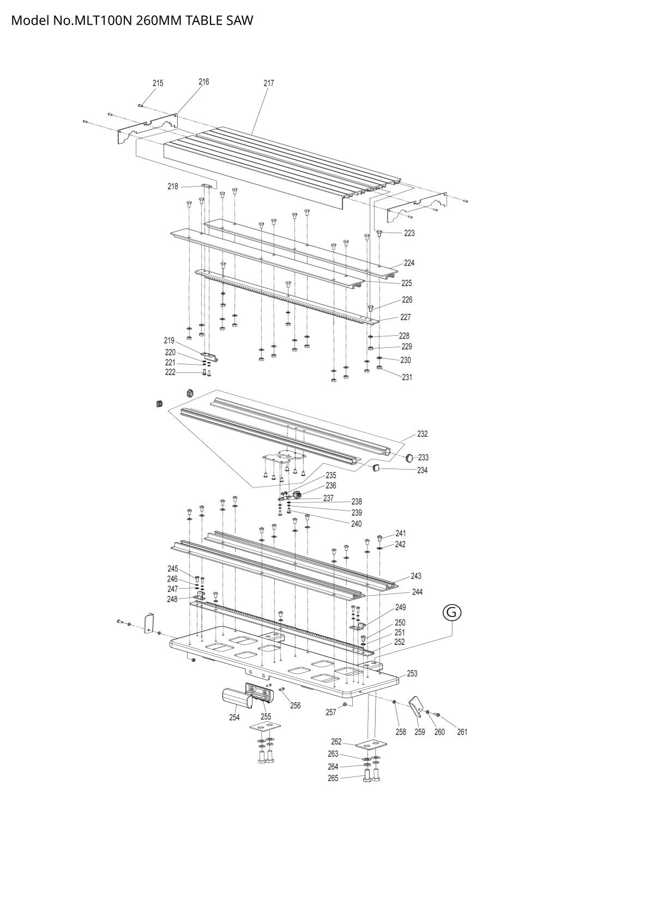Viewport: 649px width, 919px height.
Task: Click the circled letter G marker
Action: pos(452,613)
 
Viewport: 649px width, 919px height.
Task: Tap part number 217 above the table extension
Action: pos(268,84)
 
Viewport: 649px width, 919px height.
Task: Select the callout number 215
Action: pos(158,84)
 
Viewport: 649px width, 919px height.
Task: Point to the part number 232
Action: pos(423,434)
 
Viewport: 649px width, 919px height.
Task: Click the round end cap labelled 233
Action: pos(410,457)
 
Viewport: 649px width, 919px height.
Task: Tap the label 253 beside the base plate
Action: pos(412,673)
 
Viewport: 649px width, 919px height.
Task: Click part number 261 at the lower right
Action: pos(462,732)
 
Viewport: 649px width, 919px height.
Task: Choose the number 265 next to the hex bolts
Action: pos(333,778)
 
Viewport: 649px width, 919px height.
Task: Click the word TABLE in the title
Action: pos(203,21)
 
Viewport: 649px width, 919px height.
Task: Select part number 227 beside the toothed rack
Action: pos(405,317)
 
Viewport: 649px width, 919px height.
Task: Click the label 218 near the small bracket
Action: pos(173,187)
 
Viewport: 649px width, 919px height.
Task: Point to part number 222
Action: pos(170,372)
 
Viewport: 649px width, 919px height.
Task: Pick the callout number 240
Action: pos(357,524)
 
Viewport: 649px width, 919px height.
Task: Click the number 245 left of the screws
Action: pos(173,568)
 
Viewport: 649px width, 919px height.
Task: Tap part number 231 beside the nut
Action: pos(407,377)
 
